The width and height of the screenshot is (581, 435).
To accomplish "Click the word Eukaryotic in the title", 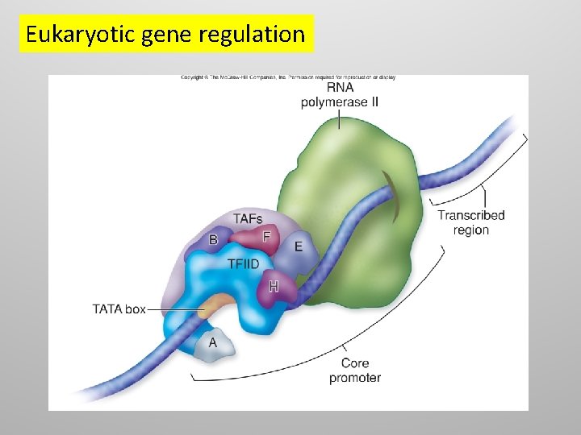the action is [x=65, y=35].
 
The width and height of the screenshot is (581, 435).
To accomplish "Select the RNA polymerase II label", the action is [x=340, y=94].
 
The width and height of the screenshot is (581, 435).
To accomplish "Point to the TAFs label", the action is [x=248, y=219].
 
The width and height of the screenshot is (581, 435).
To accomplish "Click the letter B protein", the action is [x=213, y=239].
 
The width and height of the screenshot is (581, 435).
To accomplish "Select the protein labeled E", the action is [x=298, y=246].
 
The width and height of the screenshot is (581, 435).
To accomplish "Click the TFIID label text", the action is [x=245, y=263].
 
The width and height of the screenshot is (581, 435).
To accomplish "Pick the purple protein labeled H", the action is [x=274, y=286].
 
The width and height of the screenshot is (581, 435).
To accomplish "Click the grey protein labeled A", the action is [x=213, y=343].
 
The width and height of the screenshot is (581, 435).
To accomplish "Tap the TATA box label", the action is [x=119, y=309].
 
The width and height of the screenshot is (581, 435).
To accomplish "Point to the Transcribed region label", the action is [x=470, y=222].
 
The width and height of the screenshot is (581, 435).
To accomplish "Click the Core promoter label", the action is [x=355, y=371].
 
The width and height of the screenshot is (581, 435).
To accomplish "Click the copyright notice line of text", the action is [x=287, y=78].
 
